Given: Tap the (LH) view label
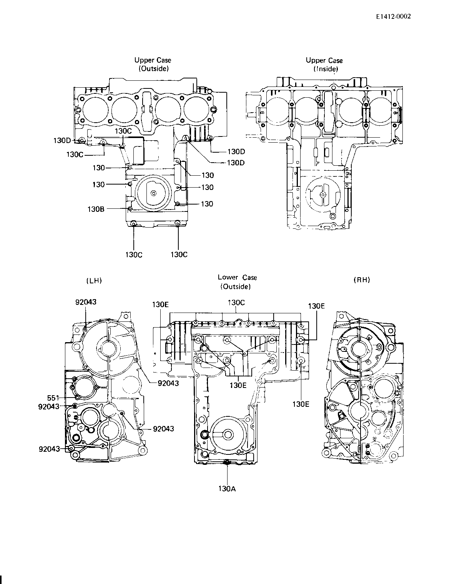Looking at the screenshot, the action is tap(94, 281).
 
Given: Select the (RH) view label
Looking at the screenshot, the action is tap(362, 280).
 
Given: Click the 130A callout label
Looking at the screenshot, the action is tap(227, 489).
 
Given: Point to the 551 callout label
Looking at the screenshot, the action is tap(53, 398).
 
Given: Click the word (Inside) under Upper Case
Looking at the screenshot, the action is tap(326, 69).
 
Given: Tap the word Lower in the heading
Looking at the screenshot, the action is tap(228, 277).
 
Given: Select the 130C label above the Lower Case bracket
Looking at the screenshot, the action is tap(236, 303).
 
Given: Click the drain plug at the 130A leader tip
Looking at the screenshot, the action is tap(227, 462).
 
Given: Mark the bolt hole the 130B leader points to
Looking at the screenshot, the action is tap(130, 208).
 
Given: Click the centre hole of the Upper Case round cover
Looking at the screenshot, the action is tap(153, 193).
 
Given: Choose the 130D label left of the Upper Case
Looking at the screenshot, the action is tap(62, 141).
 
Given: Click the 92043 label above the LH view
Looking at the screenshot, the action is tap(86, 302).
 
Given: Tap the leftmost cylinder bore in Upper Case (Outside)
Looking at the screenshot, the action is tap(95, 110).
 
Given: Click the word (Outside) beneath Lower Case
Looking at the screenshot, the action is tap(236, 286).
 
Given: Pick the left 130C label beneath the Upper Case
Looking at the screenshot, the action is tap(134, 255).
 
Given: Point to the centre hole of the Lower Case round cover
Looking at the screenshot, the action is tap(228, 434).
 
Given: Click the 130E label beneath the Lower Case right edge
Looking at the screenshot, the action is tap(301, 404).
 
